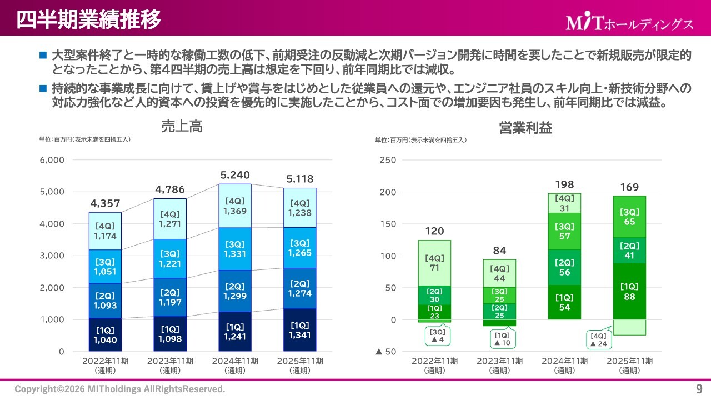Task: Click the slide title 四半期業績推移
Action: coord(89,19)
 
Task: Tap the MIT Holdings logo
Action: coord(630,23)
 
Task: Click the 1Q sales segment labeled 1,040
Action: coord(105,335)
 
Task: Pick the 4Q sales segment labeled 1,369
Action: coord(235,206)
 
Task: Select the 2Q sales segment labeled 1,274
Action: coord(300,289)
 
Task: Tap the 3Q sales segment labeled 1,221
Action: coord(170,259)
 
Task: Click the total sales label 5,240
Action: coord(235,175)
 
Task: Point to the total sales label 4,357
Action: coord(105,203)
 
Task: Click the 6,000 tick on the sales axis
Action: coord(52,160)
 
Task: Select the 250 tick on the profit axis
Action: coord(388,160)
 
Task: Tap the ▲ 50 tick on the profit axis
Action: coord(385,352)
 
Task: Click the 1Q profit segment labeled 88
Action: coord(629,291)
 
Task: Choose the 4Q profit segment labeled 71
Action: coord(434,263)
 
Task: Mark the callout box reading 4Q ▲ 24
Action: coord(598,340)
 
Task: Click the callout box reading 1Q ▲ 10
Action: coord(502,339)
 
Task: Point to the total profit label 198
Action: coord(564,184)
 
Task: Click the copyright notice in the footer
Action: coord(120,389)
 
